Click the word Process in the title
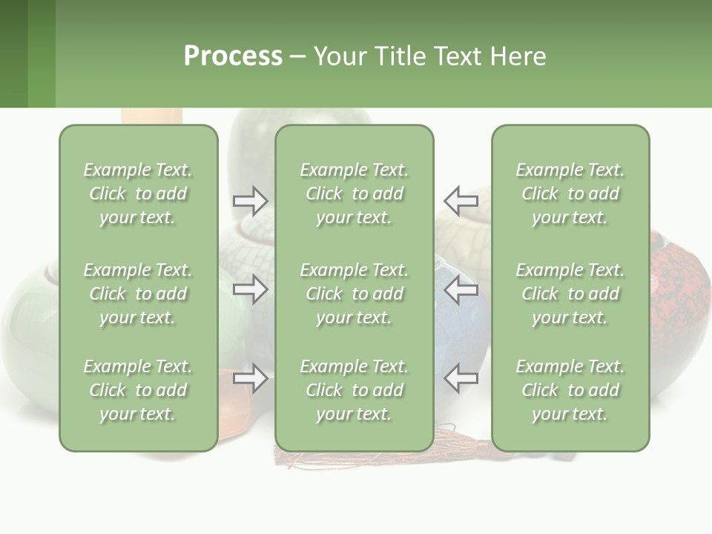tap(233, 56)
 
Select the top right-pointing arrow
tap(250, 200)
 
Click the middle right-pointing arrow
tap(250, 289)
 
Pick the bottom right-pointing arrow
tap(250, 378)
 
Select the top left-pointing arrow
tap(461, 200)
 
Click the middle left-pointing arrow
tap(461, 289)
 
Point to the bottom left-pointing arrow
tap(461, 378)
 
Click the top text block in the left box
tap(138, 194)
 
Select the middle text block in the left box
tap(138, 294)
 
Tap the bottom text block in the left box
tap(138, 390)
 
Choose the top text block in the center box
tap(354, 194)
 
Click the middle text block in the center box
tap(354, 294)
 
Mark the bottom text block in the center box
tap(354, 390)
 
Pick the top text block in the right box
tap(570, 194)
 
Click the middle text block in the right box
tap(570, 294)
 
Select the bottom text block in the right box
tap(570, 390)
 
